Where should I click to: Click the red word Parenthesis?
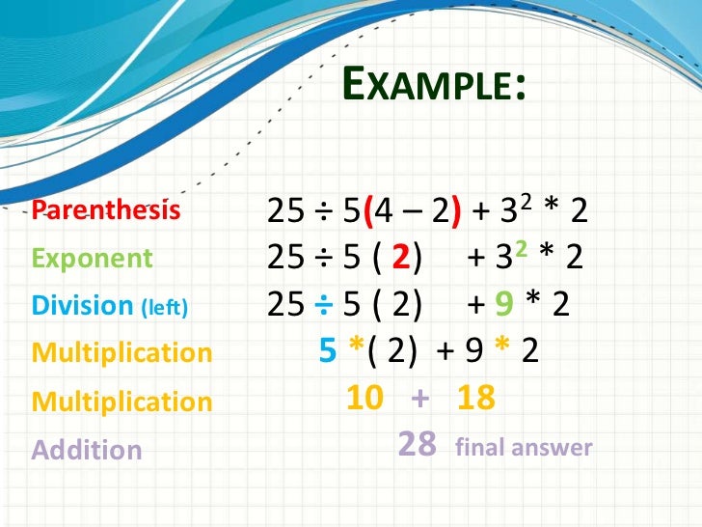click(x=106, y=209)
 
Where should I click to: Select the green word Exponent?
click(x=93, y=259)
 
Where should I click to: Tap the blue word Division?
click(x=82, y=306)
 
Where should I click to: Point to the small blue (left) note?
click(x=165, y=308)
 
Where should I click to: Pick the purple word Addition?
click(x=87, y=450)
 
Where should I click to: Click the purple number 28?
click(x=418, y=445)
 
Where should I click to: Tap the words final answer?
click(x=524, y=448)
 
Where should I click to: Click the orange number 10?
click(x=365, y=397)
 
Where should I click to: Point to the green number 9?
click(x=501, y=305)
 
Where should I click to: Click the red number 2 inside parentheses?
click(x=403, y=259)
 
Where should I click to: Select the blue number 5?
click(x=328, y=351)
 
